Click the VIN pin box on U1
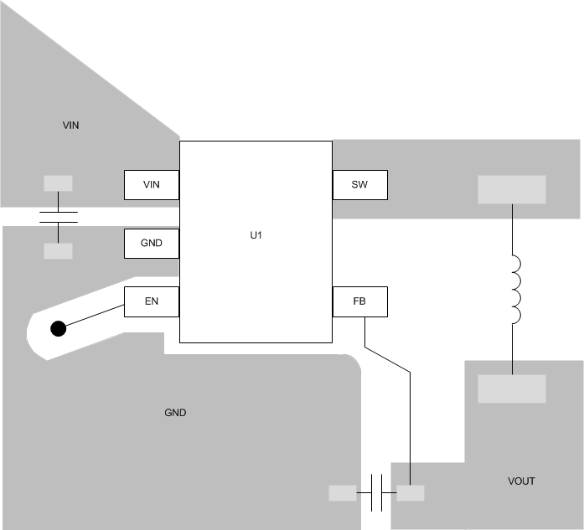[152, 185]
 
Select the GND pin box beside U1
[152, 243]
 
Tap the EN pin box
[152, 301]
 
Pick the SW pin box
[360, 185]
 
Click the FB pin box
[360, 301]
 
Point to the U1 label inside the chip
[256, 236]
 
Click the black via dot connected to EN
[58, 328]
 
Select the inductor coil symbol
[514, 290]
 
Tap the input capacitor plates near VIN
[58, 218]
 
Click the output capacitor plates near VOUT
[376, 493]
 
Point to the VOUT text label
[521, 481]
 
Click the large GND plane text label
[175, 414]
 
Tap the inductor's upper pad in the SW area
[511, 189]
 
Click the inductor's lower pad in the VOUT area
[511, 388]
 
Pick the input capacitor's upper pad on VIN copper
[58, 183]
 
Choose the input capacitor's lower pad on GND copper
[58, 251]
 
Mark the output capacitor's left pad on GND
[343, 493]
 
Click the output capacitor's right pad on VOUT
[411, 493]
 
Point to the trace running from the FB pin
[410, 419]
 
